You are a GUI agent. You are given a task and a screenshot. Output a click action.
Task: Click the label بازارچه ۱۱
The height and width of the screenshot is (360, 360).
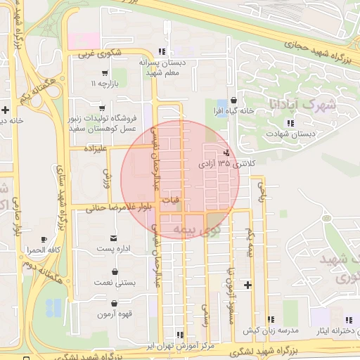103,84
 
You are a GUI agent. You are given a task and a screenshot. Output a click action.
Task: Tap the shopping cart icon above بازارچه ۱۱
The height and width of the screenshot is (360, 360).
105,72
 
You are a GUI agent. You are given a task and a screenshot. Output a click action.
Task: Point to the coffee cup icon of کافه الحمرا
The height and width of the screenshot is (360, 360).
44,240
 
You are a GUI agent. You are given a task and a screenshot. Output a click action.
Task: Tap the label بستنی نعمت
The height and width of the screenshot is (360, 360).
114,282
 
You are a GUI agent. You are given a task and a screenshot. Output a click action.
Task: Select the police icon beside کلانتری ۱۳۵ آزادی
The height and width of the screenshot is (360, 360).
226,153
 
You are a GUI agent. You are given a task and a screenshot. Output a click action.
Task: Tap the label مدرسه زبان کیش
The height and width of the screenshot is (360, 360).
271,330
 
